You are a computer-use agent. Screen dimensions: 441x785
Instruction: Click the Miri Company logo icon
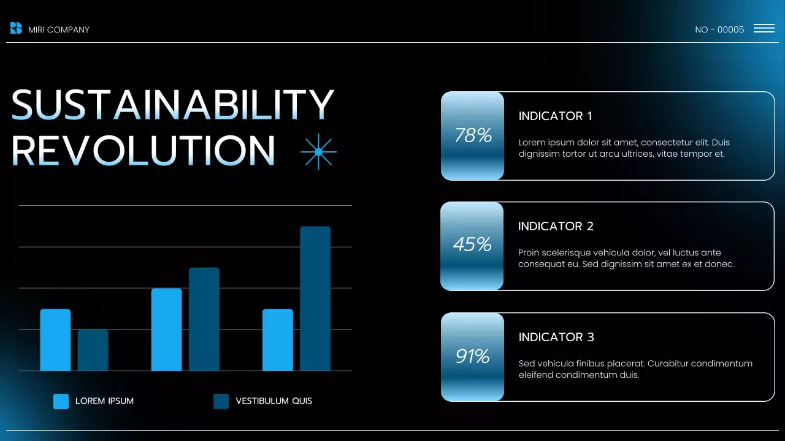coord(16,28)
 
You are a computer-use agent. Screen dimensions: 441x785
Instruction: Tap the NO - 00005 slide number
coord(719,29)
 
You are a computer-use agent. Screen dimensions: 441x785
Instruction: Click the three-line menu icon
coord(764,28)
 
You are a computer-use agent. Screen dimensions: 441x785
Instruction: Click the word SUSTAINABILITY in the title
coord(173,104)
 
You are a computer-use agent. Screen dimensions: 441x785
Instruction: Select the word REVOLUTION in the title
coord(144,150)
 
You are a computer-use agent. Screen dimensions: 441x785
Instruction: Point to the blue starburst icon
coord(318,151)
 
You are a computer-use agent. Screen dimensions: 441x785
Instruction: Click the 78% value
coord(473,135)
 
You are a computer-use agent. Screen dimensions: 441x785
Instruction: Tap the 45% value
coord(472,245)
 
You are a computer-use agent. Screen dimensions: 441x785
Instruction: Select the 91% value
coord(472,356)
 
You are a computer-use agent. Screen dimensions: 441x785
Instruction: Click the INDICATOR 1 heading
coord(556,116)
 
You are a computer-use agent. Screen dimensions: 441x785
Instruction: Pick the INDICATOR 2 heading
coord(556,226)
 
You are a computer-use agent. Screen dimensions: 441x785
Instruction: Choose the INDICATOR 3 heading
coord(556,337)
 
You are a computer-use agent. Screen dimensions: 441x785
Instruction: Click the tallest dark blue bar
coord(315,298)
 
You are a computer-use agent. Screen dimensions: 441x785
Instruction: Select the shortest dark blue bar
coord(93,350)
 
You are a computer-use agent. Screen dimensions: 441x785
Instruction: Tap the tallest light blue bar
coord(166,329)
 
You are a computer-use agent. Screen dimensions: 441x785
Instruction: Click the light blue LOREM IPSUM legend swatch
coord(61,401)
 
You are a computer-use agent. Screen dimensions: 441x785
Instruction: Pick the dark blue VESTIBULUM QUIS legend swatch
coord(221,401)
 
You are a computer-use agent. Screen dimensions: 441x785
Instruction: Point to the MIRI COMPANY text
coord(59,29)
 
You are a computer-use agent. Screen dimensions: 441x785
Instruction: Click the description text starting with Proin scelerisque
coord(626,258)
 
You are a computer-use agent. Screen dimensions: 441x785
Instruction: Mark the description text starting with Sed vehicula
coord(635,369)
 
